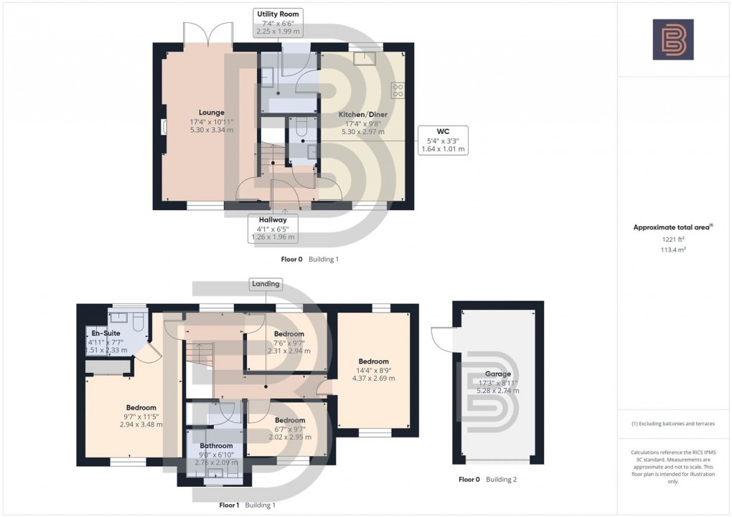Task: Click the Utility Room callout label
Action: click(280, 23)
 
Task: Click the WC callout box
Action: click(442, 140)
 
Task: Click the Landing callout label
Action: click(266, 285)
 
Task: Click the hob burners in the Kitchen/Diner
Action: click(397, 90)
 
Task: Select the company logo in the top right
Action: click(673, 39)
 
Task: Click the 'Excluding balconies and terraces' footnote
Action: click(673, 424)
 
